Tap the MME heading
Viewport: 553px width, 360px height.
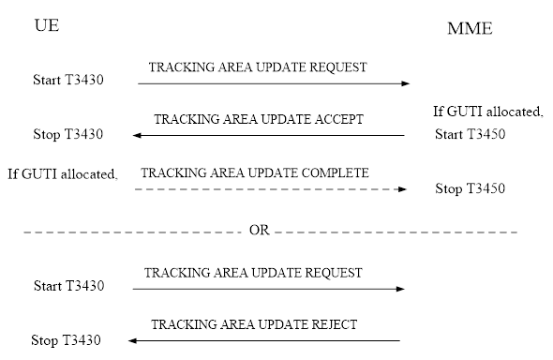(470, 30)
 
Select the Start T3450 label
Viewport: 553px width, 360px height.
(470, 134)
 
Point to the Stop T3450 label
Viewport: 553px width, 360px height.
(470, 188)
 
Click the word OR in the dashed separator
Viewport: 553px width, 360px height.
(260, 230)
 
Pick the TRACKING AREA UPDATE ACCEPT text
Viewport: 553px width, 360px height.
(258, 120)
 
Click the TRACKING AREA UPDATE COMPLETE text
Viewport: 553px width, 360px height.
(254, 173)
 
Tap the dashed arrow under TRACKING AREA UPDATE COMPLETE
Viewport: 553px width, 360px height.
(270, 189)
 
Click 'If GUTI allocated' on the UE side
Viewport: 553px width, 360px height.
(67, 173)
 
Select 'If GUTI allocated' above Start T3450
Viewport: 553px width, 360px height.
(487, 112)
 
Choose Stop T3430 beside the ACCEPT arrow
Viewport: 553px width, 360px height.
(67, 134)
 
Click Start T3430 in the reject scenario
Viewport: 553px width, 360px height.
(67, 285)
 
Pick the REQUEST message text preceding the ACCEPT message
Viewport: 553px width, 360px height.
(257, 67)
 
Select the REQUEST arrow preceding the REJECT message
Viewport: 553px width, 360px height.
(270, 288)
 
